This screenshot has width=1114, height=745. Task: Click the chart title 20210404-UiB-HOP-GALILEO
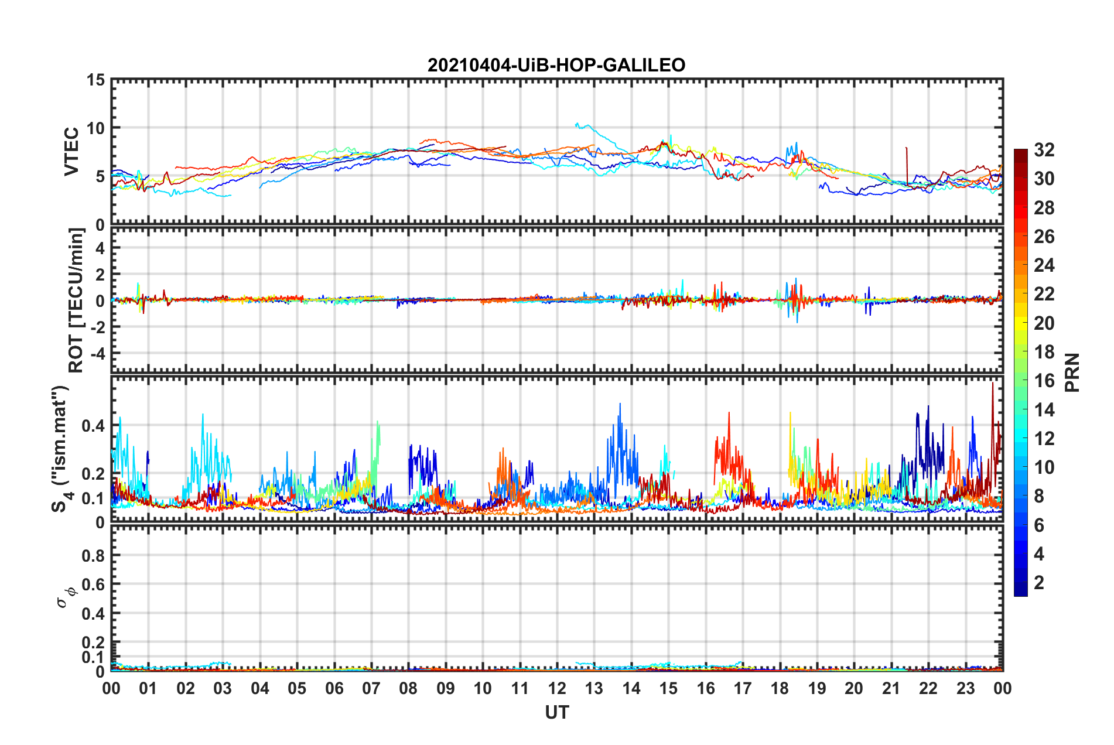556,65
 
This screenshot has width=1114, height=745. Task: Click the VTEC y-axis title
71,151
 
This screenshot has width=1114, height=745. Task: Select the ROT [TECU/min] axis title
76,300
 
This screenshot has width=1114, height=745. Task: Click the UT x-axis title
556,712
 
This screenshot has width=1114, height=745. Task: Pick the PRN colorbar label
1072,372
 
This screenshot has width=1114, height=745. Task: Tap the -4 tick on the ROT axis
98,354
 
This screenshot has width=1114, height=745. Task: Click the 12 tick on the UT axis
557,688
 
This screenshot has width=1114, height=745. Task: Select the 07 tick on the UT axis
371,688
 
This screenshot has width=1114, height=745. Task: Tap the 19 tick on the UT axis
817,688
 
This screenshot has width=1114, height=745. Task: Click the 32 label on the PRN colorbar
1044,150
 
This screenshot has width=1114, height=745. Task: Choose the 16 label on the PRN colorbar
1044,381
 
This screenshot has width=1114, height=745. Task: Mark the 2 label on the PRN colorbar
1039,583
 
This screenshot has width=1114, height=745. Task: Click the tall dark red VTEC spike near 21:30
907,149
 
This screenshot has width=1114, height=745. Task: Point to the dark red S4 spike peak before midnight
993,384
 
